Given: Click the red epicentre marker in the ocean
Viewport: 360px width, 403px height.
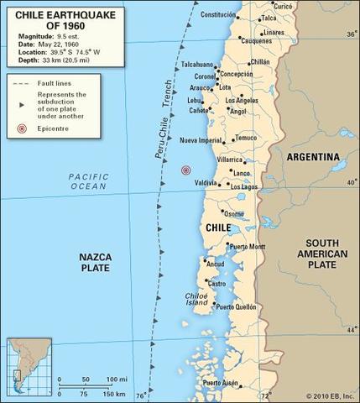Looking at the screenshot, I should [x=185, y=170].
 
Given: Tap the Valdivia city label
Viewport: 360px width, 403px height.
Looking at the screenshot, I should [x=206, y=182].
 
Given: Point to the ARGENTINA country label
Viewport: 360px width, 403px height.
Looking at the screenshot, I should [x=313, y=157].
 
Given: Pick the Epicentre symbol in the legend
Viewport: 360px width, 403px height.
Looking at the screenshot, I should [x=20, y=130].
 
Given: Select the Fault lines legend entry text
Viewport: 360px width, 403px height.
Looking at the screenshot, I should [x=53, y=83].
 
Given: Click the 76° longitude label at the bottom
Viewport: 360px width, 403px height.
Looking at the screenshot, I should [x=141, y=395].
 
